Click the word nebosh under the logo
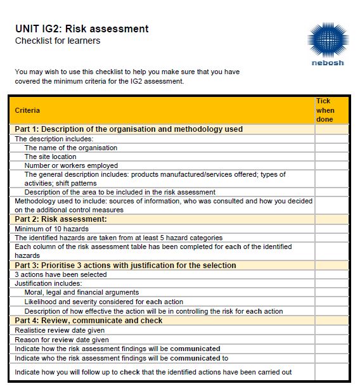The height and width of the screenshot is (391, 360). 328,63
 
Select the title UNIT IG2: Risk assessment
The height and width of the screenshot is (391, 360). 82,29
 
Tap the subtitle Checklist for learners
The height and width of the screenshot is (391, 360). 58,41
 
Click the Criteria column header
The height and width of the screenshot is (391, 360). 27,110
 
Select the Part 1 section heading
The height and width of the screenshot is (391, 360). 129,129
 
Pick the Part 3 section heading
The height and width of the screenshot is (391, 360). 125,266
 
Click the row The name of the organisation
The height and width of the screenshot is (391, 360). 71,148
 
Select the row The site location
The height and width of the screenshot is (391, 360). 51,157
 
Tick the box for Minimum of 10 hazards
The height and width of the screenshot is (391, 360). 331,229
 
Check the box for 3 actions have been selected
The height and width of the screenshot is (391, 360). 331,274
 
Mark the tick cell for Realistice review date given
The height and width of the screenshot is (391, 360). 331,330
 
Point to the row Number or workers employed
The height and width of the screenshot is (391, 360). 71,165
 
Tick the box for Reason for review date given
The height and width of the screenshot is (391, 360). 331,340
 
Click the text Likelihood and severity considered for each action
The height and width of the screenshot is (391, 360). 104,302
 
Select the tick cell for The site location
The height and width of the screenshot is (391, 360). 331,157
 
